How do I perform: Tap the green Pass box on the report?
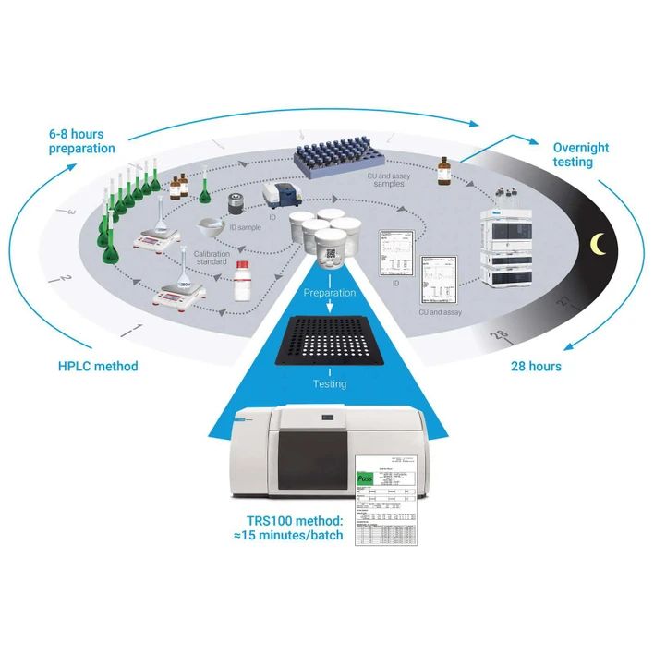368,478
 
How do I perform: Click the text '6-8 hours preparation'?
82,140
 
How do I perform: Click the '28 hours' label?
536,366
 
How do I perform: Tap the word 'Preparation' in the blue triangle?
330,292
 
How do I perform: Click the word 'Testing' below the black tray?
330,383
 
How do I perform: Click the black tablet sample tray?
330,342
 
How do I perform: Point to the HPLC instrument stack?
511,242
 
